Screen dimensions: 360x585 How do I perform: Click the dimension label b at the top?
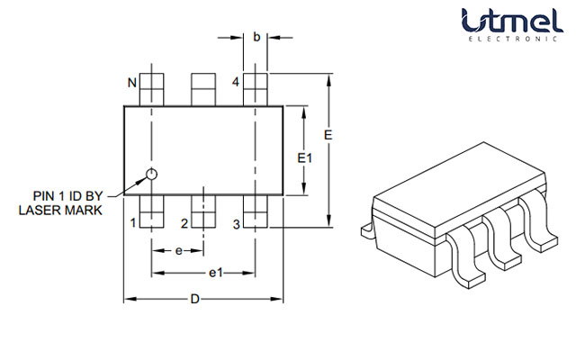(256, 37)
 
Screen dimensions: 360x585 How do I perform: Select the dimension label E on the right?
(329, 134)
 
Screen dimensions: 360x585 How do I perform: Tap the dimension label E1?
(305, 157)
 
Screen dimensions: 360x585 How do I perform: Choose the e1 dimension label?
(216, 272)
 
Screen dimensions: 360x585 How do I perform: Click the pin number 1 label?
(132, 223)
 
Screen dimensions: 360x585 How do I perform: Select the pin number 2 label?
(184, 223)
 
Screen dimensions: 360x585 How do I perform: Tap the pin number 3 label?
(236, 223)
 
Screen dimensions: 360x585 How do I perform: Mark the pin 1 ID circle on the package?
(152, 174)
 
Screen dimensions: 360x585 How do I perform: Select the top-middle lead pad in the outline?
(204, 91)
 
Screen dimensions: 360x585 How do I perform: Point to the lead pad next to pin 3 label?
(256, 211)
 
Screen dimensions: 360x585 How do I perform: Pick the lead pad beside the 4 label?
(256, 91)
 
